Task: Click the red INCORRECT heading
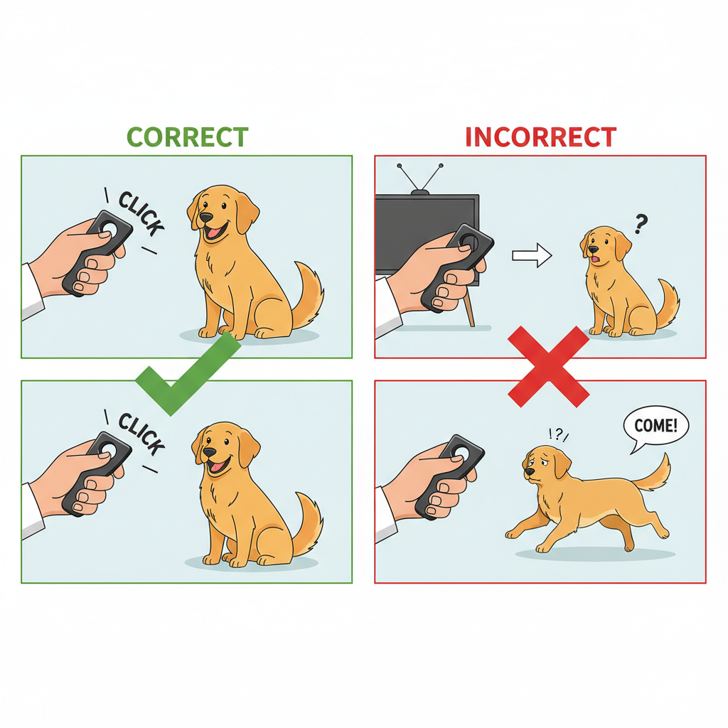click(540, 136)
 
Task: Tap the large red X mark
click(548, 365)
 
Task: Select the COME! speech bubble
click(655, 427)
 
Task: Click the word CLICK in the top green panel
click(141, 213)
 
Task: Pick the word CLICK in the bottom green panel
click(141, 434)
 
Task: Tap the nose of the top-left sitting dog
click(205, 216)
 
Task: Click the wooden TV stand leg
click(469, 311)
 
